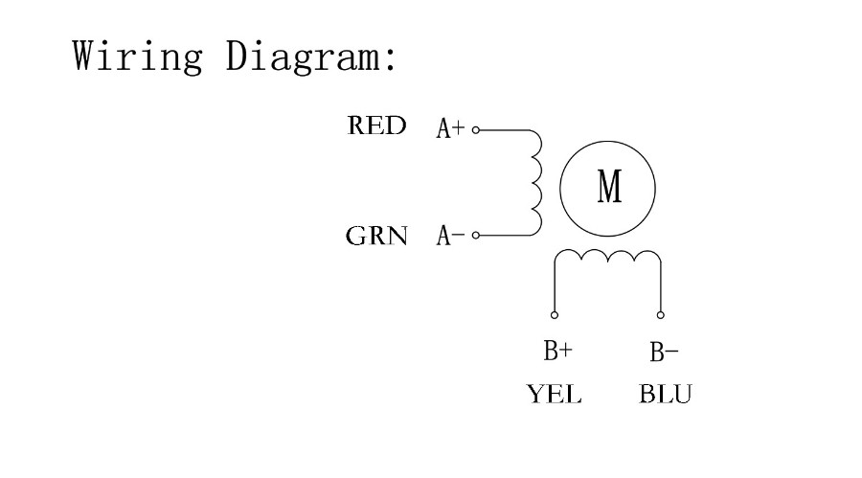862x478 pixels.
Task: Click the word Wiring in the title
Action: (x=137, y=56)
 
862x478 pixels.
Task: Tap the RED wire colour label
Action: (x=376, y=125)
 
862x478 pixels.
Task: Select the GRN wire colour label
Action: (x=376, y=236)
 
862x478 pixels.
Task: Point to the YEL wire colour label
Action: (x=555, y=395)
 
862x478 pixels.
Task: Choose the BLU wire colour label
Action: (x=666, y=395)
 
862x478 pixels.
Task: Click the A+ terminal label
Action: (x=450, y=128)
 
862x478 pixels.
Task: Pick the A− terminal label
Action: (x=450, y=236)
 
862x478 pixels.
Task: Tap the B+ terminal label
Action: (x=558, y=351)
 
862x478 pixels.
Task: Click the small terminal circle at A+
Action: (x=476, y=130)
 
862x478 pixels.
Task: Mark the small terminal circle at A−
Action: (x=476, y=236)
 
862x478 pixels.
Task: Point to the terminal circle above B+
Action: (x=555, y=315)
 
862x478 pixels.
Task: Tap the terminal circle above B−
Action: (x=660, y=315)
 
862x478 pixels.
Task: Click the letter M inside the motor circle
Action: (x=609, y=187)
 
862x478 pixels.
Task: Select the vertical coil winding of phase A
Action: (x=536, y=183)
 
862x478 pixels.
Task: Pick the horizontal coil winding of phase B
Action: (x=607, y=256)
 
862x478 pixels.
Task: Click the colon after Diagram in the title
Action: (x=391, y=58)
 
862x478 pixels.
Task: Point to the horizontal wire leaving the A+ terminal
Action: (x=505, y=130)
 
